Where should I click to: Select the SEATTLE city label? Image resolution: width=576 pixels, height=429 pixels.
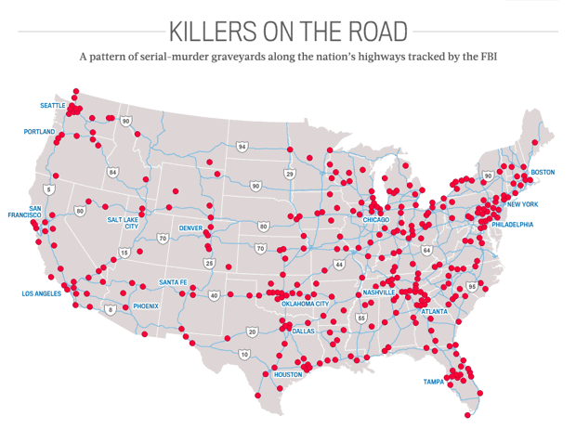coord(53,106)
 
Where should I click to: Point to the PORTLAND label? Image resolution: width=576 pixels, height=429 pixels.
coord(40,132)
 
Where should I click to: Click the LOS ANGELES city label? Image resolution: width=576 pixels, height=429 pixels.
coord(42,293)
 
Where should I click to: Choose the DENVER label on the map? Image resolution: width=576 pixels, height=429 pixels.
coord(191,227)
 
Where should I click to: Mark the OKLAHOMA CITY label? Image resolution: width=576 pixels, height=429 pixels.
coord(305,304)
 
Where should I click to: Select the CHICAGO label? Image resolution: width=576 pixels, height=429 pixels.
coord(375,220)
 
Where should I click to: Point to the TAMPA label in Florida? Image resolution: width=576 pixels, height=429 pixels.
coord(434,382)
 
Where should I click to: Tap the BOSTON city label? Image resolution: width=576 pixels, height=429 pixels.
coord(543,173)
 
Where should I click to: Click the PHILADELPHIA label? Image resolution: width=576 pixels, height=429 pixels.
coord(513,224)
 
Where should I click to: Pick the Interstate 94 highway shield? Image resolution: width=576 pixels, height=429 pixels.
coord(242,147)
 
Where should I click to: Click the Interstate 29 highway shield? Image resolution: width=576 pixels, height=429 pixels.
coord(290,174)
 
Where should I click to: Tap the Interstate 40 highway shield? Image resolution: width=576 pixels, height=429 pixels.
coord(214,295)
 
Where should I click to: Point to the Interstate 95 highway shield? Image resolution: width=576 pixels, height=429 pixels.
coord(472,287)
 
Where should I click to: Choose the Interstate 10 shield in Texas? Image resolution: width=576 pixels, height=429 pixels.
coord(244,354)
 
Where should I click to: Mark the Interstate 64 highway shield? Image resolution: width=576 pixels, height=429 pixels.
coord(426,250)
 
